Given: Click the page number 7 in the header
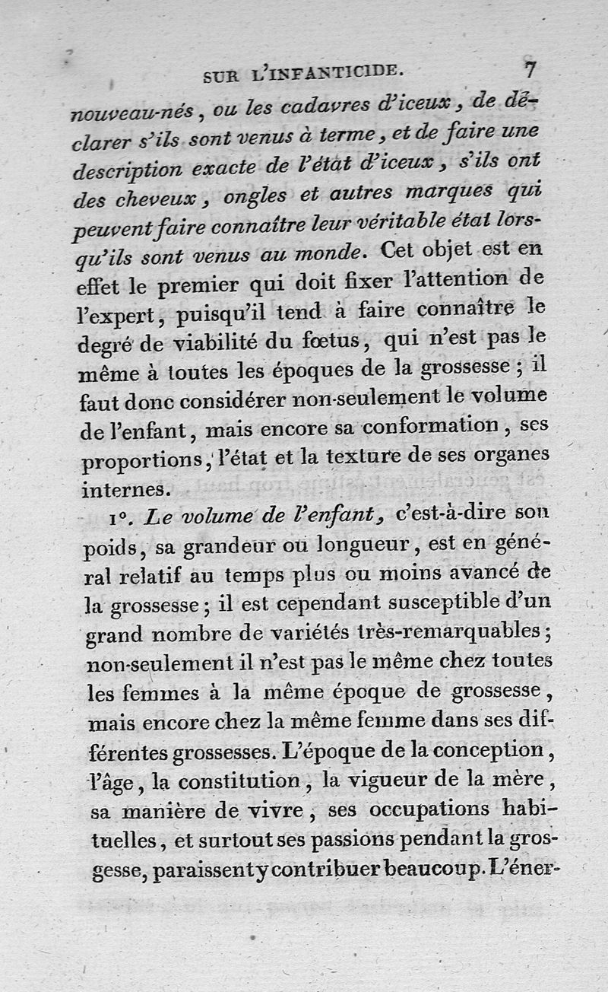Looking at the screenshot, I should pyautogui.click(x=529, y=68).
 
